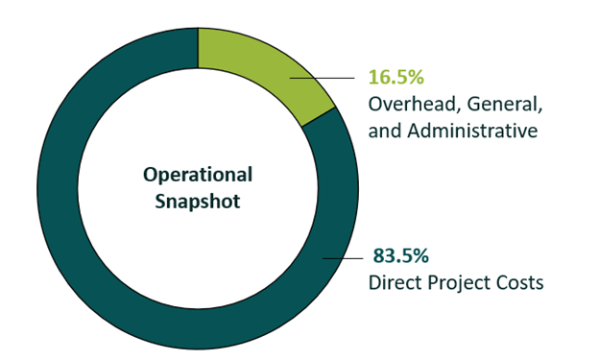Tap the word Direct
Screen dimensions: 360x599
tap(395, 283)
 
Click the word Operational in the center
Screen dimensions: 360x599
tap(198, 175)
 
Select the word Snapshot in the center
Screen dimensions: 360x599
tap(198, 203)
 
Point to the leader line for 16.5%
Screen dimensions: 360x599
tap(322, 78)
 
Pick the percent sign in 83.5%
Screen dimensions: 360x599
tap(419, 256)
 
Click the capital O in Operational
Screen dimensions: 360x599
tap(151, 175)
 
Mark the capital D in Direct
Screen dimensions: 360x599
tap(375, 283)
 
